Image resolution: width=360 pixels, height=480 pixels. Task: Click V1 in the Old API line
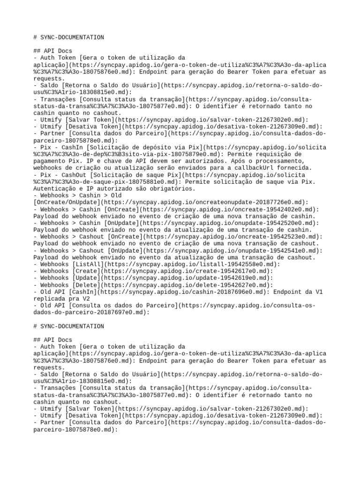click(318, 292)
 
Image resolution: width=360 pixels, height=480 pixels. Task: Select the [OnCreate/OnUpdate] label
click(67, 202)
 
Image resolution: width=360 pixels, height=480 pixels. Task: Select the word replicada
click(51, 299)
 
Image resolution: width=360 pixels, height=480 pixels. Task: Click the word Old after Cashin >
click(111, 195)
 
